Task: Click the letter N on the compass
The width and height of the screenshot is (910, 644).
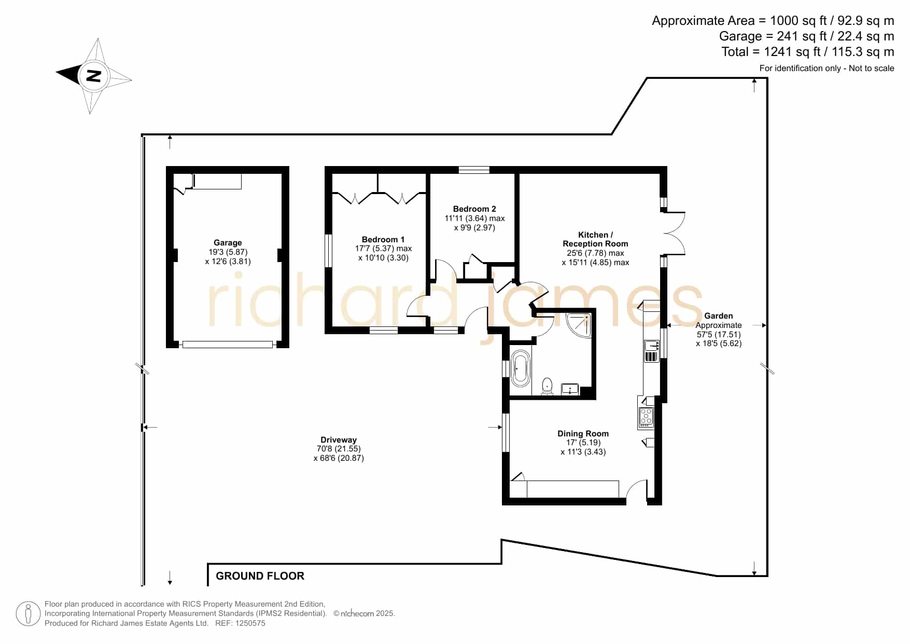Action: point(93,76)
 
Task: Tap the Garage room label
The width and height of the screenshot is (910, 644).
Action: point(228,242)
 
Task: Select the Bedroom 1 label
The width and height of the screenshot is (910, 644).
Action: point(383,239)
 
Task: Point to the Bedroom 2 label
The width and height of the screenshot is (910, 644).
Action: point(474,209)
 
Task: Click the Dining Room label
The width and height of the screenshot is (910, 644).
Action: point(583,433)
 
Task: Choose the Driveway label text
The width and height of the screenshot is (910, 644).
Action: point(339,440)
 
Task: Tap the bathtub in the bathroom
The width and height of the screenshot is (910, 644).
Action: point(520,369)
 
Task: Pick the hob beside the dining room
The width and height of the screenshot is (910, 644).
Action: point(646,417)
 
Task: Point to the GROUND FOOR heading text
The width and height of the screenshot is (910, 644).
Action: point(260,576)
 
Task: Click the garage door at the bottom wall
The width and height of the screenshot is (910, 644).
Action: point(228,344)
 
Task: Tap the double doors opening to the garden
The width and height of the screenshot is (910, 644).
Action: point(674,233)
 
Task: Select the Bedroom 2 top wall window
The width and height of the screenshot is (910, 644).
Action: point(474,170)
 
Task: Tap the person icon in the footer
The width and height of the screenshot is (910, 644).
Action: point(28,614)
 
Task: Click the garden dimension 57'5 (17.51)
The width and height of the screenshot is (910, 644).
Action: point(719,334)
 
